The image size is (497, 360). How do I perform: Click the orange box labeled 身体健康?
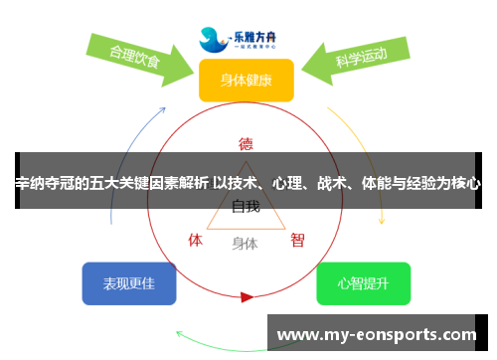pos(246,80)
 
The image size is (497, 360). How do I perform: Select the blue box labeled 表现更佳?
pos(128,283)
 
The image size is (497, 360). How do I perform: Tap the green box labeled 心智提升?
pos(363,283)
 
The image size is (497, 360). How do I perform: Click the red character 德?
pos(246,142)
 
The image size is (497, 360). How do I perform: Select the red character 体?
pos(196,240)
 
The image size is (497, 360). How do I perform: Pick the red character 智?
pos(297,240)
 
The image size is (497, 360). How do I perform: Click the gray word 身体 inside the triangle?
pos(245,243)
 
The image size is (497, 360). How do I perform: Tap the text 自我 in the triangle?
pos(246,207)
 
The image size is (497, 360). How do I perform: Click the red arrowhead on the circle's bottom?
pos(247,296)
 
